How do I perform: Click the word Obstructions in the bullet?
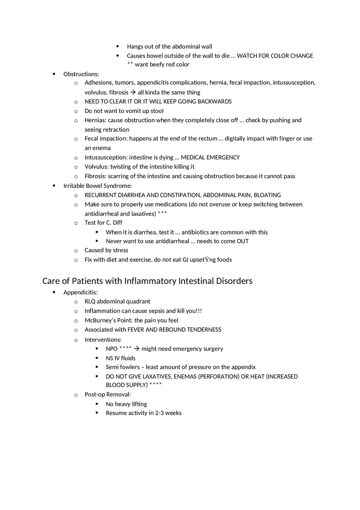pyautogui.click(x=80, y=74)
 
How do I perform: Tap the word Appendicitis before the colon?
pyautogui.click(x=80, y=292)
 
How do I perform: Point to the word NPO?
pyautogui.click(x=112, y=349)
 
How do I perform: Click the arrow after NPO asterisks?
pyautogui.click(x=137, y=349)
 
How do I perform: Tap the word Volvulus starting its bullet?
pyautogui.click(x=97, y=166)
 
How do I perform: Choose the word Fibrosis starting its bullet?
pyautogui.click(x=95, y=176)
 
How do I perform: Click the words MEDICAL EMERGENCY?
pyautogui.click(x=210, y=157)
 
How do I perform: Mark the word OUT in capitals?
pyautogui.click(x=243, y=241)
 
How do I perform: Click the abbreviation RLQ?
pyautogui.click(x=90, y=301)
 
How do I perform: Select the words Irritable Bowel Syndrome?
pyautogui.click(x=97, y=186)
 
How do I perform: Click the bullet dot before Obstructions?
pyautogui.click(x=54, y=74)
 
